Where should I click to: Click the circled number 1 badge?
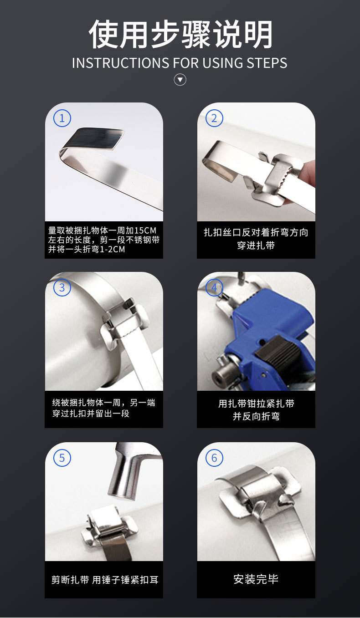pyautogui.click(x=62, y=118)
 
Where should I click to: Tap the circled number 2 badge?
pyautogui.click(x=214, y=118)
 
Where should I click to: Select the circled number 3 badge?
pyautogui.click(x=62, y=288)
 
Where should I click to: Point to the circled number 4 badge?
pyautogui.click(x=214, y=288)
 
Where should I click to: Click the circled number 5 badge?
pyautogui.click(x=62, y=458)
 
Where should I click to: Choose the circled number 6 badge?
pyautogui.click(x=214, y=458)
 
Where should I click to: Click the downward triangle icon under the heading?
pyautogui.click(x=180, y=80)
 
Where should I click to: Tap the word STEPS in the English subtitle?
pyautogui.click(x=267, y=63)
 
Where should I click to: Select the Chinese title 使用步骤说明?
pyautogui.click(x=180, y=35)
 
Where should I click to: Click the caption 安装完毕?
pyautogui.click(x=256, y=579)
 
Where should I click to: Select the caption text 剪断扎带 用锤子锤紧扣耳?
pyautogui.click(x=104, y=580)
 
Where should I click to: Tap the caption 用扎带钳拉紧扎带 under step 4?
pyautogui.click(x=256, y=403)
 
